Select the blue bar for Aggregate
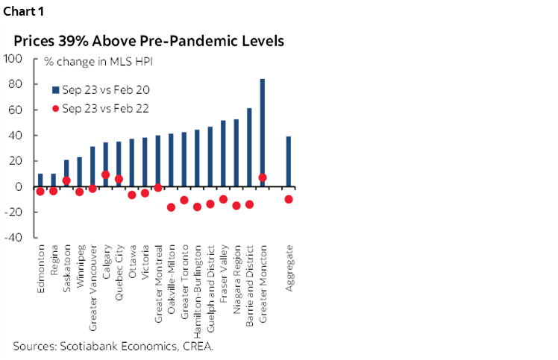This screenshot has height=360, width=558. click(289, 161)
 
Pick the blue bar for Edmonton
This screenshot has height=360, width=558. click(40, 180)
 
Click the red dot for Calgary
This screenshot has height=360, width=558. click(106, 175)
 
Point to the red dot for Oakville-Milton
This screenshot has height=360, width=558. click(171, 207)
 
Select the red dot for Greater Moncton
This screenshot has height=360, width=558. click(263, 177)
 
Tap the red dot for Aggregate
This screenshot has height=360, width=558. click(289, 199)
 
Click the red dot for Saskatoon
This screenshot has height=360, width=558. click(66, 180)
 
